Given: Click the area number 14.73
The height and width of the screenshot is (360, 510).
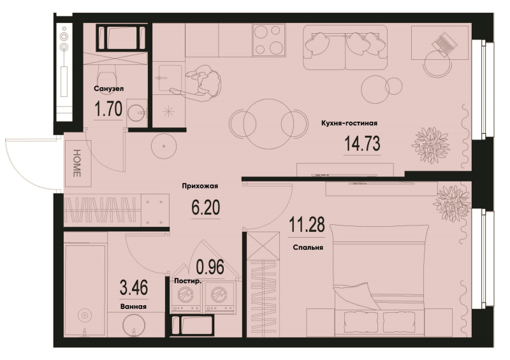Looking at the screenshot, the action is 362,144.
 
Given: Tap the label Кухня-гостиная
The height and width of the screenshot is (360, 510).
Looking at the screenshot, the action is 349,123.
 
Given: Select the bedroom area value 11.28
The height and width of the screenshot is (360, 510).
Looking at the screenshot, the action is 307,225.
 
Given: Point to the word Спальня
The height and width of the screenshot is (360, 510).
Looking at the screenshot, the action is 308,247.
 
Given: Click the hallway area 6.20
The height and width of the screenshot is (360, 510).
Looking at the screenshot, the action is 205,208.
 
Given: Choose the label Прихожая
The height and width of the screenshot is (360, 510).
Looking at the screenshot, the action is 200,186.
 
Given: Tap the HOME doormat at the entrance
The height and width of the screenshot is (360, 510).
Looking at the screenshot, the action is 78,163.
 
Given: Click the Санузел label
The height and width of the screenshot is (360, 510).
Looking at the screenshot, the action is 108,89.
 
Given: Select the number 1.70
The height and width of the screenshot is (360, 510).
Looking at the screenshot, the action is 108,108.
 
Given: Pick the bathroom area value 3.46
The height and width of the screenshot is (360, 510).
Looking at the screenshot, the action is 134,288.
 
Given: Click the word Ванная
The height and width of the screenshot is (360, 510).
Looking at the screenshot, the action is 133,306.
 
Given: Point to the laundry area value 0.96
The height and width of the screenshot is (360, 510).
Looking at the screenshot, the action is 210,267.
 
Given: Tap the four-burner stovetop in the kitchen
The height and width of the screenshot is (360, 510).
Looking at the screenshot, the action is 268,40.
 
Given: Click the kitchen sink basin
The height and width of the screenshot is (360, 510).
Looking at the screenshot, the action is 168,78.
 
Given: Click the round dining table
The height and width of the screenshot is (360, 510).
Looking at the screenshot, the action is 268,124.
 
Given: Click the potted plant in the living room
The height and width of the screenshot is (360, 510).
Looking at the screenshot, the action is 430,145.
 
